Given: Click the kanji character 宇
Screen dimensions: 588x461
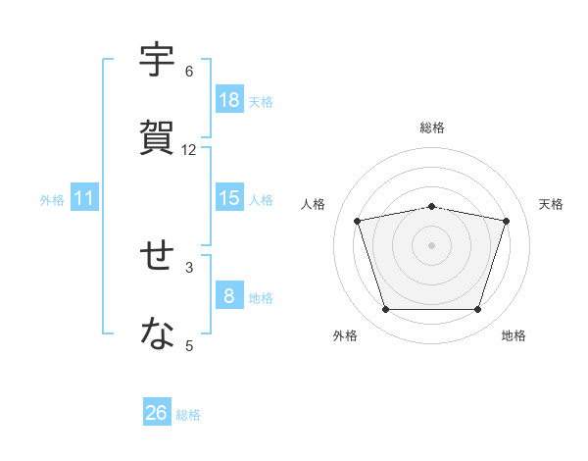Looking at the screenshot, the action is pos(157,59).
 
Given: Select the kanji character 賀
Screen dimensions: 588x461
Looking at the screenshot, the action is pos(157,137).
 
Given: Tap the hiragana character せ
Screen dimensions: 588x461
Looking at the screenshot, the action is pos(157,255).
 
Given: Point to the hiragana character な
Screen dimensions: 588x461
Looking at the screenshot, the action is pos(157,333).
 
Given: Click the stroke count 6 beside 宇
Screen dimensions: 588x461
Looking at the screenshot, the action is pos(189,72).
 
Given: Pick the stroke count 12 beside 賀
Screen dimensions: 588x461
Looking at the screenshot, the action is pos(188,150).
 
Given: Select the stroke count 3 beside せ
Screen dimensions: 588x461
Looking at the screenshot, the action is pos(189,268).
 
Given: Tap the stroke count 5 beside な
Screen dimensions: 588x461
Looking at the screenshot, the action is pos(189,345).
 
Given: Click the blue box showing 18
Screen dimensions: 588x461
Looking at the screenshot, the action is pos(230,99).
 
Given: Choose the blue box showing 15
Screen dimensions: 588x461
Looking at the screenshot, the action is pos(230,197).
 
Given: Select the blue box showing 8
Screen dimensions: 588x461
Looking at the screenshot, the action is pos(230,294).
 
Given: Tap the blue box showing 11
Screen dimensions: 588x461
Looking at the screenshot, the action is pos(84,197).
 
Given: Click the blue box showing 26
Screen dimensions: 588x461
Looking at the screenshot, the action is pos(157,411).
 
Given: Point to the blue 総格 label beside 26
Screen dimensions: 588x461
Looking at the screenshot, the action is pos(188,415).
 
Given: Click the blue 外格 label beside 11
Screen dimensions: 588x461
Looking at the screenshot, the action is pos(52,200).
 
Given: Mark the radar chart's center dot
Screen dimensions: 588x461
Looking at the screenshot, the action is pos(431,245).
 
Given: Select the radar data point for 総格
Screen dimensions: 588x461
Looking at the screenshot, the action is pos(431,207).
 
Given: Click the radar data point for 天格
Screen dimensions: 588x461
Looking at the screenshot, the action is pos(506,221).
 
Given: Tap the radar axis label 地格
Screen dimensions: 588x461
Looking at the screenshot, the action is pos(514,335).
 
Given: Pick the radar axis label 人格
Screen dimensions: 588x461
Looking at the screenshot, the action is pos(313,204).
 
